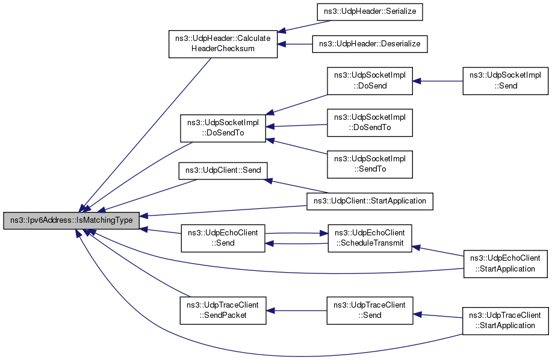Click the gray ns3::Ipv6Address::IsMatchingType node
(x=72, y=220)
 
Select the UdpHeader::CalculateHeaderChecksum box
(x=223, y=43)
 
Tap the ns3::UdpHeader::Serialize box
(x=370, y=11)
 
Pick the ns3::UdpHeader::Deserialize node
(x=370, y=44)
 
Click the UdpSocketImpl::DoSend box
(x=370, y=81)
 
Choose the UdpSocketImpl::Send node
(x=505, y=81)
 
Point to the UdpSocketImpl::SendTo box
(x=370, y=164)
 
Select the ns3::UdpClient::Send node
(x=223, y=171)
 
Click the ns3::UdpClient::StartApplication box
(x=370, y=201)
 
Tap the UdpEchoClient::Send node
(x=223, y=238)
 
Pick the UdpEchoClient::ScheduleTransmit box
(x=370, y=238)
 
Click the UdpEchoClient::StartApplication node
(x=505, y=264)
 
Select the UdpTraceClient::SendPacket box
(x=223, y=311)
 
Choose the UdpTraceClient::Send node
(x=370, y=311)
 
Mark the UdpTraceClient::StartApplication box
(x=505, y=321)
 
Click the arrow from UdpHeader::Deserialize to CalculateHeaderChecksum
(x=295, y=44)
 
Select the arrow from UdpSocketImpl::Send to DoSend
(x=438, y=81)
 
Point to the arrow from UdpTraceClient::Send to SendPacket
(x=296, y=311)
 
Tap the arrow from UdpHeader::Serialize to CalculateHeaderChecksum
(x=304, y=26)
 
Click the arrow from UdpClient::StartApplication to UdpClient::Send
(x=296, y=186)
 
